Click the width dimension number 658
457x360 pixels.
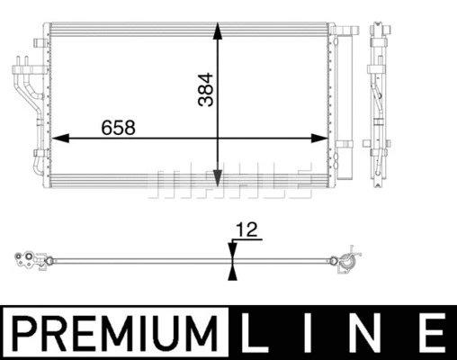pos(118,128)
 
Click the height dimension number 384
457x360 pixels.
pos(206,89)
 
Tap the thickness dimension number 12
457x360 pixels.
pos(246,229)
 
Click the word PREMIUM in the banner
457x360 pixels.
pos(115,333)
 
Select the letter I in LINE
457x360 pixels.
pos(308,333)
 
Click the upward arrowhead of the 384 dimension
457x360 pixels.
pos(218,31)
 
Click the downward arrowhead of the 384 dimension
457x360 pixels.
pos(218,178)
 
